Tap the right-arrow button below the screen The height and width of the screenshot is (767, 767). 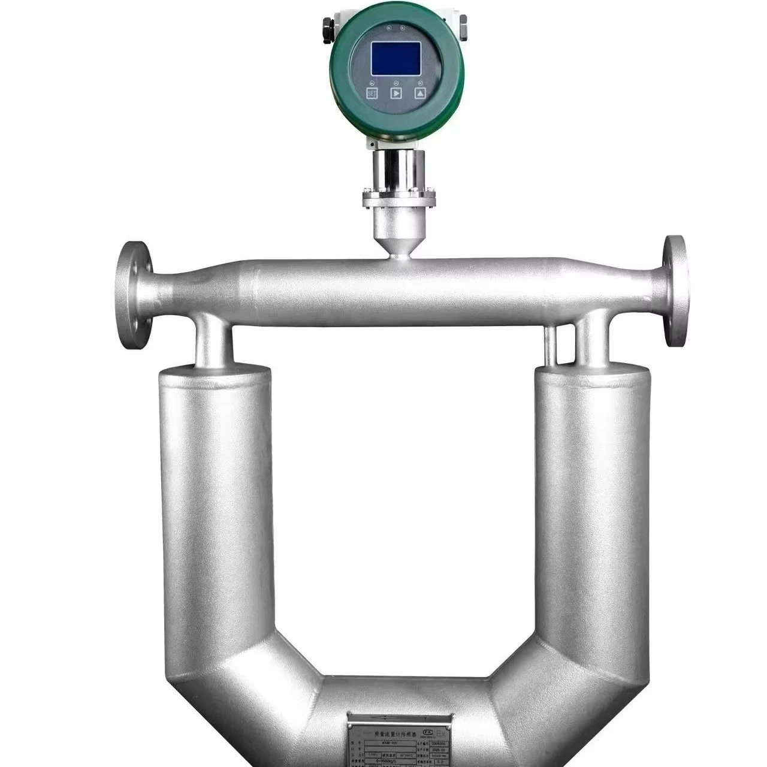396,93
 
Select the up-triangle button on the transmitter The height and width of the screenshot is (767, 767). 420,93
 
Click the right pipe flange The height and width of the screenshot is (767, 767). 675,290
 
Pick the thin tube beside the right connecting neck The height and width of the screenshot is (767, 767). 551,346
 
